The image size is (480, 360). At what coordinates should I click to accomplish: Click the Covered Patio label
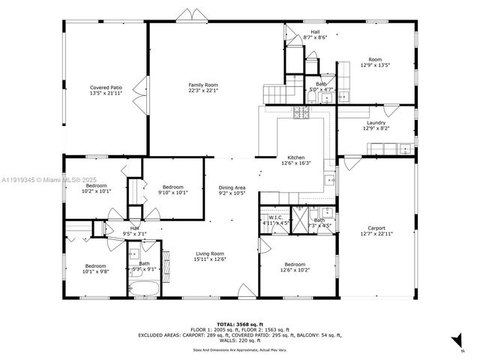point(106,87)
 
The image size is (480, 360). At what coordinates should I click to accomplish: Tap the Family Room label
point(202,85)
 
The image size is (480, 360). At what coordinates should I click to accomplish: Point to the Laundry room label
point(376,123)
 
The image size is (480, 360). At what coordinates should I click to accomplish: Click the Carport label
point(376,228)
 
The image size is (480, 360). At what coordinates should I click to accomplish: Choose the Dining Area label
point(232,187)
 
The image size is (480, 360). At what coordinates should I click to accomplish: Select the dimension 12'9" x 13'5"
point(375,65)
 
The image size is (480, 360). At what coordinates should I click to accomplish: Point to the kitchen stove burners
point(301,113)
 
